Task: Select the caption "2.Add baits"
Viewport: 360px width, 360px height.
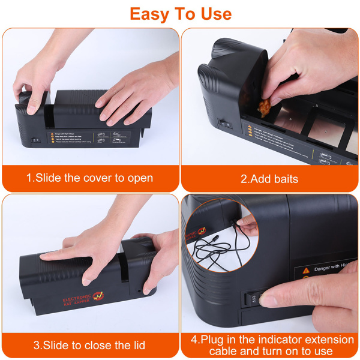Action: click(x=269, y=178)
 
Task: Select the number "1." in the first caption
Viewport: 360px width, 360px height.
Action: click(x=31, y=178)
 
